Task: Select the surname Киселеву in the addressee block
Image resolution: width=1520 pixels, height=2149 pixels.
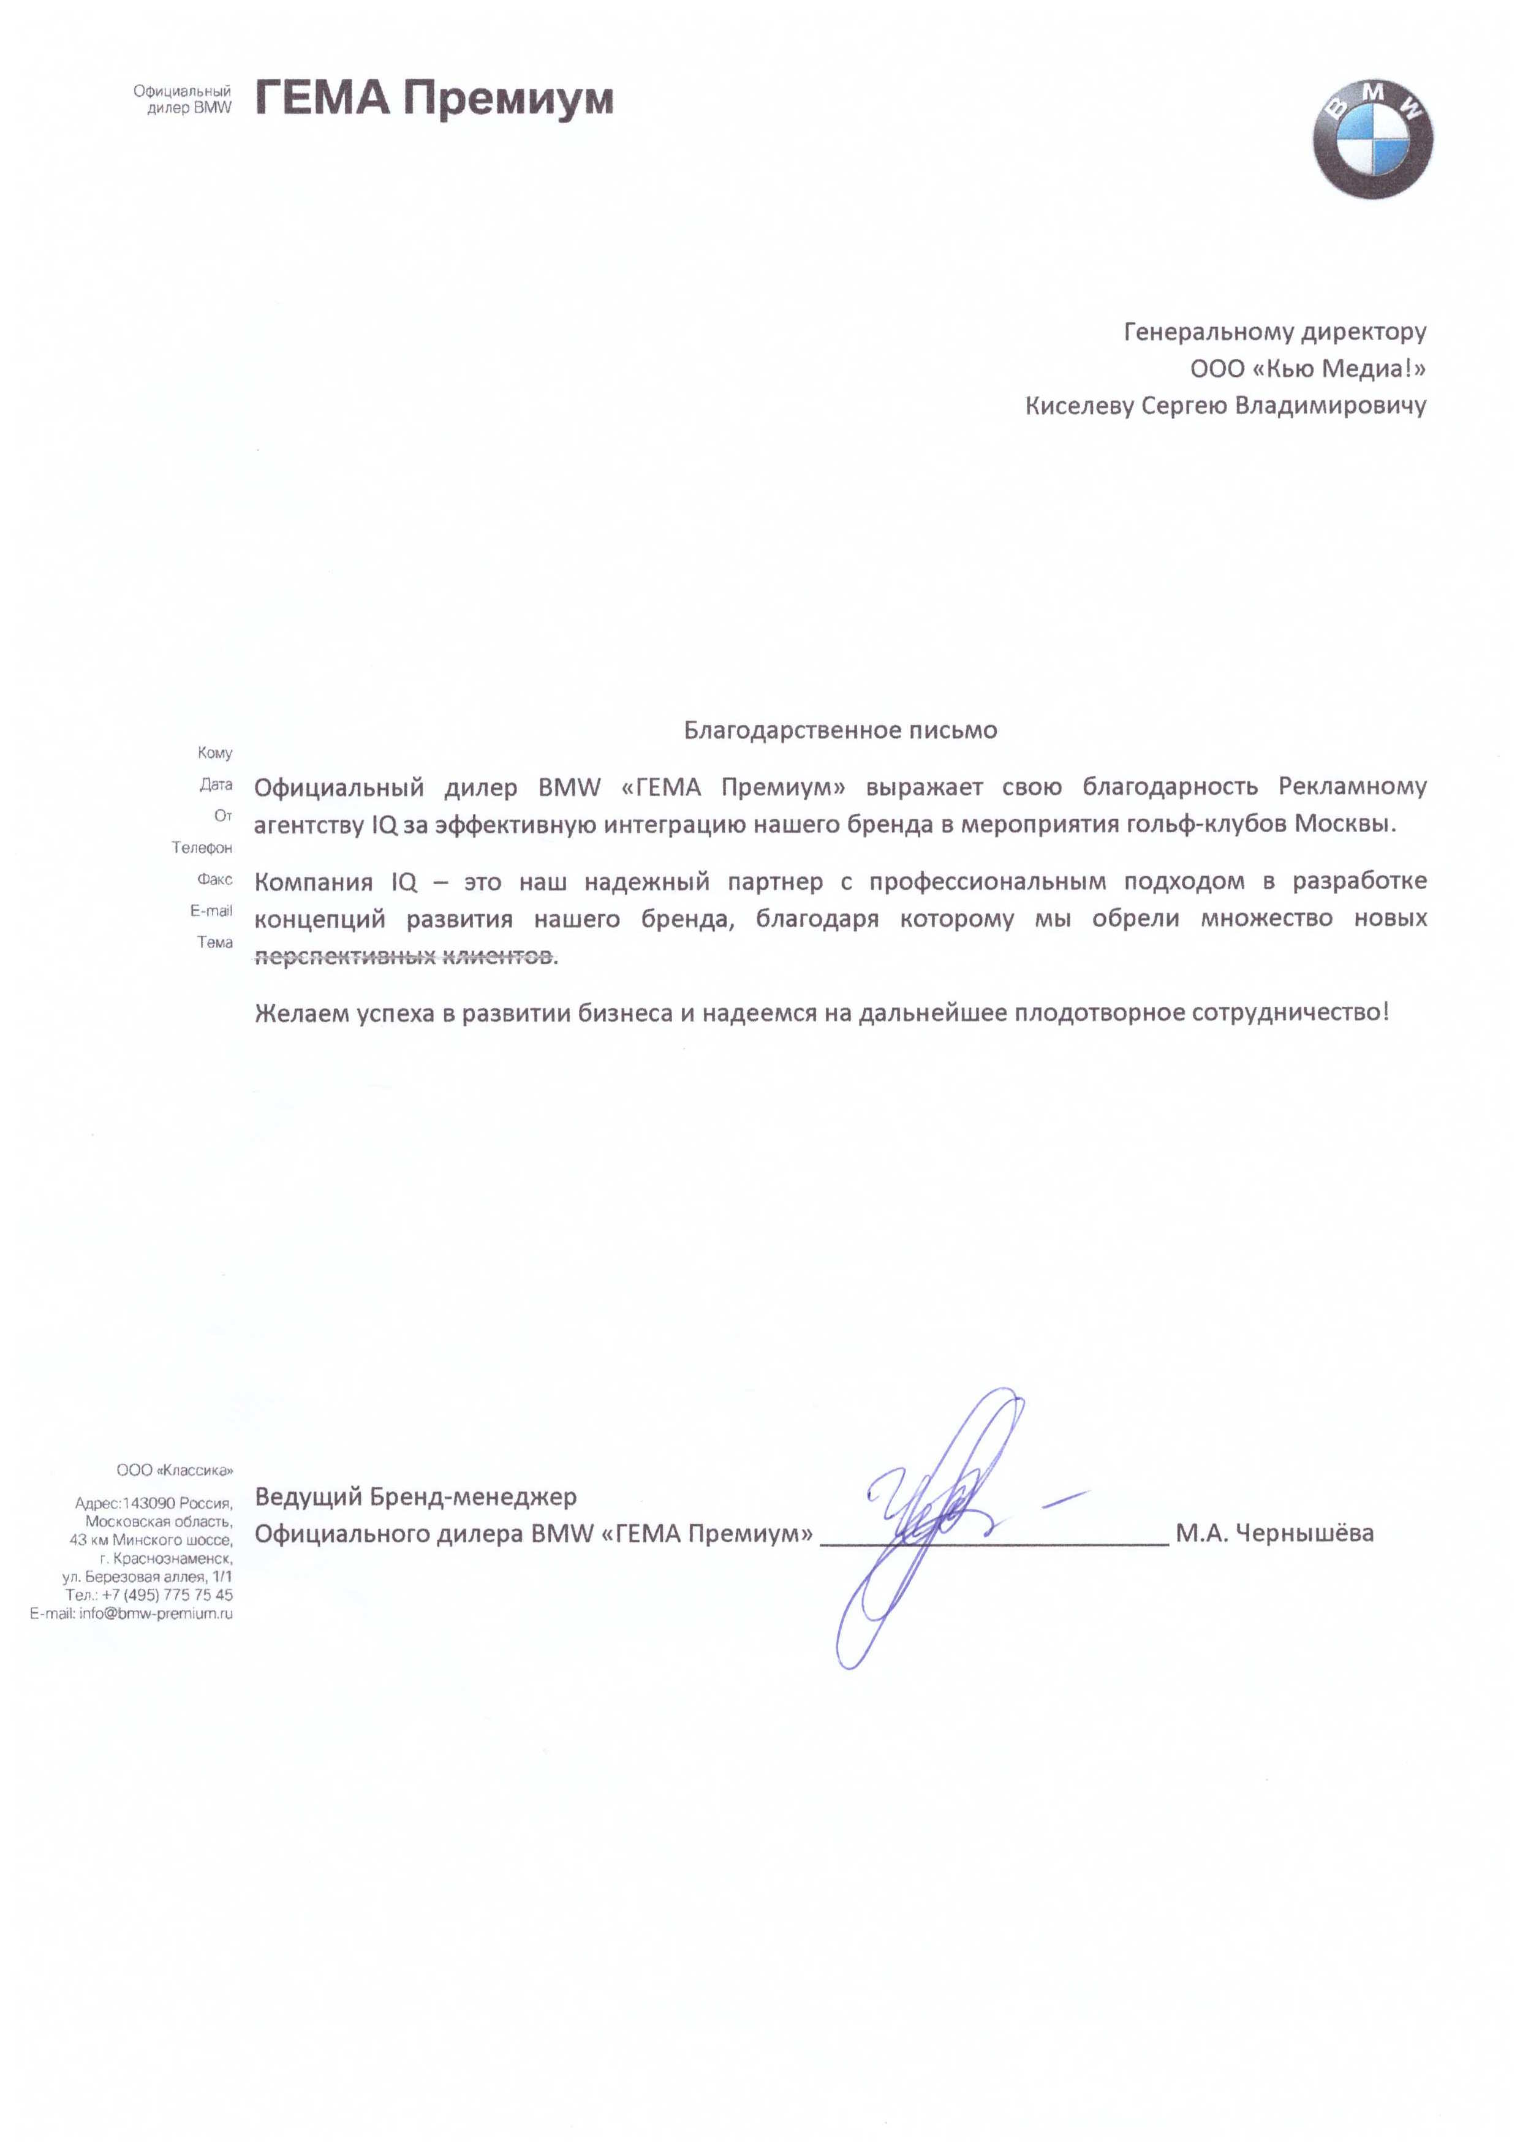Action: point(1079,406)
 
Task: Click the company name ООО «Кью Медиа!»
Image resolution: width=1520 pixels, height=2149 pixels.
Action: point(1307,369)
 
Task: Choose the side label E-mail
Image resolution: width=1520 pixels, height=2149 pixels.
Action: point(211,911)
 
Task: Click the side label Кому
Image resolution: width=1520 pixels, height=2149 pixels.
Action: point(214,752)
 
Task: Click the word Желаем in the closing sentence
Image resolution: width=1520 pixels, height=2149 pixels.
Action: point(301,1013)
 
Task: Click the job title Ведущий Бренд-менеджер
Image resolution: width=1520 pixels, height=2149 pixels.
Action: point(415,1496)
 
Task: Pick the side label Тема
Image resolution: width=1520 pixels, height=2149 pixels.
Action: point(214,942)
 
